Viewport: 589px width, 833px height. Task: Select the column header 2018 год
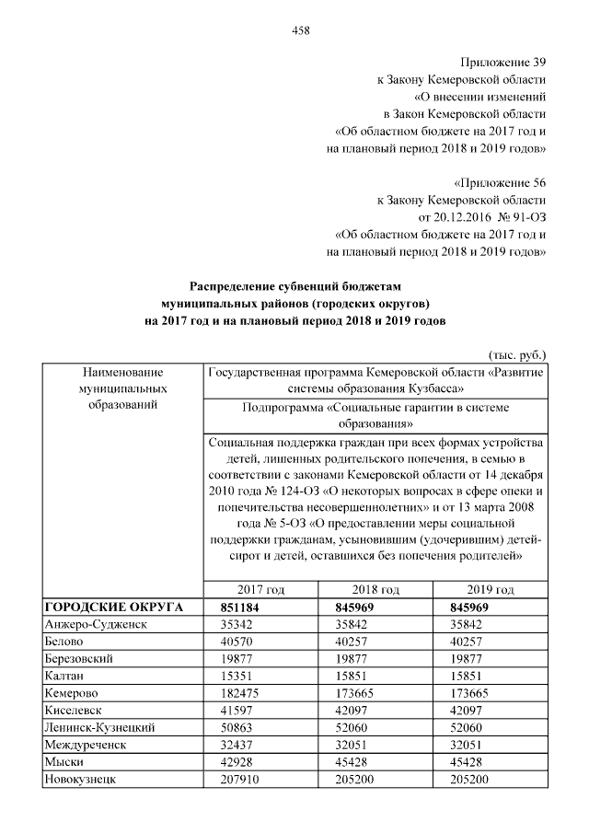(375, 589)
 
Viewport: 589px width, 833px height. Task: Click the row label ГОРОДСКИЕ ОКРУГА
(113, 607)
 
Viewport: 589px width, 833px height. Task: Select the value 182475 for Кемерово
(239, 692)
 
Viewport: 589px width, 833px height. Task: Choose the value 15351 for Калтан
(237, 676)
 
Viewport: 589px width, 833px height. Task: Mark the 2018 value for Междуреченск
(352, 745)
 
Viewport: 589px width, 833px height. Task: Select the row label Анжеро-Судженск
(96, 624)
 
